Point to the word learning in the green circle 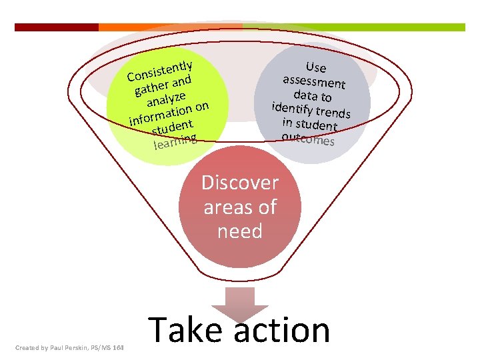pyautogui.click(x=175, y=141)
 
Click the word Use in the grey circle pyautogui.click(x=315, y=67)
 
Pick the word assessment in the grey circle pyautogui.click(x=313, y=82)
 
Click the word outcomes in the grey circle pyautogui.click(x=307, y=139)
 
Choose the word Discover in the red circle pyautogui.click(x=240, y=183)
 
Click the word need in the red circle pyautogui.click(x=240, y=231)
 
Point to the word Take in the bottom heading pyautogui.click(x=177, y=330)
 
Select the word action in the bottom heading pyautogui.click(x=283, y=330)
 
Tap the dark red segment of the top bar pyautogui.click(x=56, y=27)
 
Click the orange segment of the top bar pyautogui.click(x=170, y=27)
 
